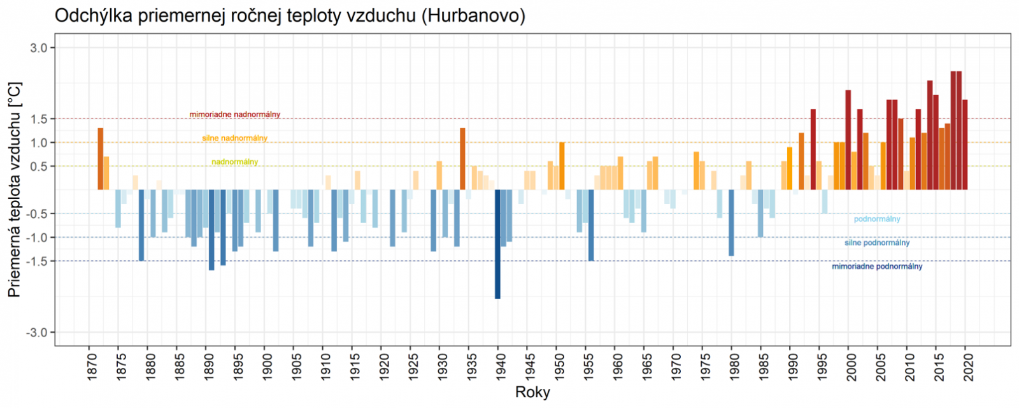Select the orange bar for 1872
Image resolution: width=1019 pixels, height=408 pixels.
coord(100,159)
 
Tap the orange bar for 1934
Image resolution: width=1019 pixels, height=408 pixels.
coord(462,159)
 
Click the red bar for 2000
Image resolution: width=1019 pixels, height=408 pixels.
coord(848,140)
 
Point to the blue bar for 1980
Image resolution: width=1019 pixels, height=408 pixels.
coord(731,222)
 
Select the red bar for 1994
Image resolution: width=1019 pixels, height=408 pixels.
coord(813,149)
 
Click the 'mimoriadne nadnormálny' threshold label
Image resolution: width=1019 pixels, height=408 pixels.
coord(234,115)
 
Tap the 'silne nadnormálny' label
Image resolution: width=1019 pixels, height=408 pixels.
coord(234,138)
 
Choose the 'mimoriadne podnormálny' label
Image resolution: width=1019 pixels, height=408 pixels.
coord(876,266)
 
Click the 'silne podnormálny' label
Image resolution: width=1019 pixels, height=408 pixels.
coord(876,243)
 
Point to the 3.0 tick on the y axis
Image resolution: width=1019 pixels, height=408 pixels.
coord(40,48)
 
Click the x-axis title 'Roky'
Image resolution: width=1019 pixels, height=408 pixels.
coord(532,392)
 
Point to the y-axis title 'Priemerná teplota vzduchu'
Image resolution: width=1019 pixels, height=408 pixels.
coord(14,189)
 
